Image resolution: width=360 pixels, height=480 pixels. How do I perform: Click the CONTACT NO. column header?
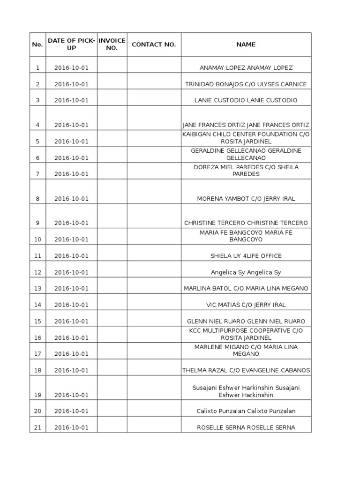pos(154,45)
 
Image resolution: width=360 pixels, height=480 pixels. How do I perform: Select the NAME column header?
pos(246,45)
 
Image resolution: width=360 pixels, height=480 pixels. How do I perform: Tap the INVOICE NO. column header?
pos(112,45)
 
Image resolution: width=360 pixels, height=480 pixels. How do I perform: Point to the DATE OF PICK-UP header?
pos(71,45)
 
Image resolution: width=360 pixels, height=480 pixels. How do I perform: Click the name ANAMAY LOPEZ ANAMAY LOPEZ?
pos(246,68)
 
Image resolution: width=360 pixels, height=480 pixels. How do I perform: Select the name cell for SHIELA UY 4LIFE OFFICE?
pos(246,256)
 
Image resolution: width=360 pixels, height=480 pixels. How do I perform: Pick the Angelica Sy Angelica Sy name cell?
pos(246,272)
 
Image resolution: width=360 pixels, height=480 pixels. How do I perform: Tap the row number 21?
pos(38,427)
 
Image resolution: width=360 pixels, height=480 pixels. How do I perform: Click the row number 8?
pos(38,199)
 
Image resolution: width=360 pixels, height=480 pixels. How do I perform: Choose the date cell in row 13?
pos(71,289)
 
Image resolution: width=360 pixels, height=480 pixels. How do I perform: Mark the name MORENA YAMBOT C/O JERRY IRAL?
pos(246,199)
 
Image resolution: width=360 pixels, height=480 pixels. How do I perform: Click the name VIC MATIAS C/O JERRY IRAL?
pos(246,305)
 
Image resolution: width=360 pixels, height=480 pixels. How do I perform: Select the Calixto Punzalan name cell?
pos(246,411)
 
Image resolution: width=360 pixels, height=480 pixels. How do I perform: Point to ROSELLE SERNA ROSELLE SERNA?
pos(246,427)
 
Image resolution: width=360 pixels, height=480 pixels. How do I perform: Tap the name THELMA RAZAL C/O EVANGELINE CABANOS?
pos(246,370)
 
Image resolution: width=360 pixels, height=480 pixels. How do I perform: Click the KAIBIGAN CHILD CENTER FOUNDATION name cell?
pos(246,138)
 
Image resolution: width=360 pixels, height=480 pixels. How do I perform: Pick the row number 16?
pos(38,338)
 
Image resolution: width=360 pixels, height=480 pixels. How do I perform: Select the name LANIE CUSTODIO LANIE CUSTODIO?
pos(246,100)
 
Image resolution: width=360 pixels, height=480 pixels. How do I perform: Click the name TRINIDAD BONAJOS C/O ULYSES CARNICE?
pos(246,84)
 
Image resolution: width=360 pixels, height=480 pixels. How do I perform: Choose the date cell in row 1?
pos(71,68)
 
